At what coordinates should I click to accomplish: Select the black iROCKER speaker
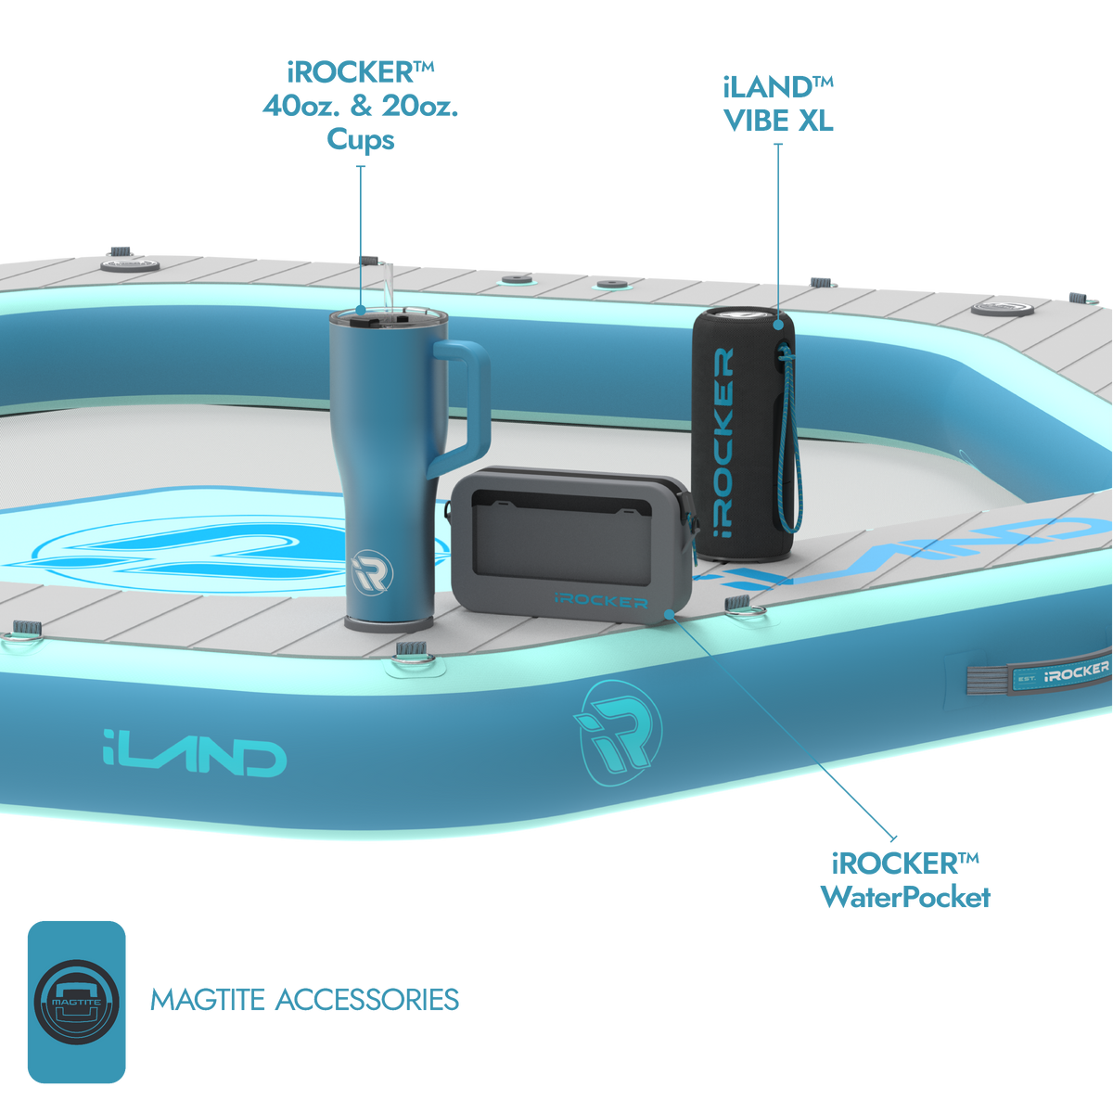point(743,433)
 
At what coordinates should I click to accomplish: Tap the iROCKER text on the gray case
point(601,601)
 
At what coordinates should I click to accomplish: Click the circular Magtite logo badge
point(77,1002)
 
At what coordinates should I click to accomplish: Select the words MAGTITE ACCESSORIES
point(304,1000)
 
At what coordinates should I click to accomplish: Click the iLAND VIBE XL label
point(778,104)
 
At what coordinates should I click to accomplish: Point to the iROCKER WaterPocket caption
point(905,880)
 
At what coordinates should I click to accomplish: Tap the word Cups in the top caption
point(361,140)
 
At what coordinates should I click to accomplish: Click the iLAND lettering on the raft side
point(195,752)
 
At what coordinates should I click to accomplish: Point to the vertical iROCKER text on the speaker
point(723,441)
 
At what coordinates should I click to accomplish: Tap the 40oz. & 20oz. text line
point(361,106)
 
